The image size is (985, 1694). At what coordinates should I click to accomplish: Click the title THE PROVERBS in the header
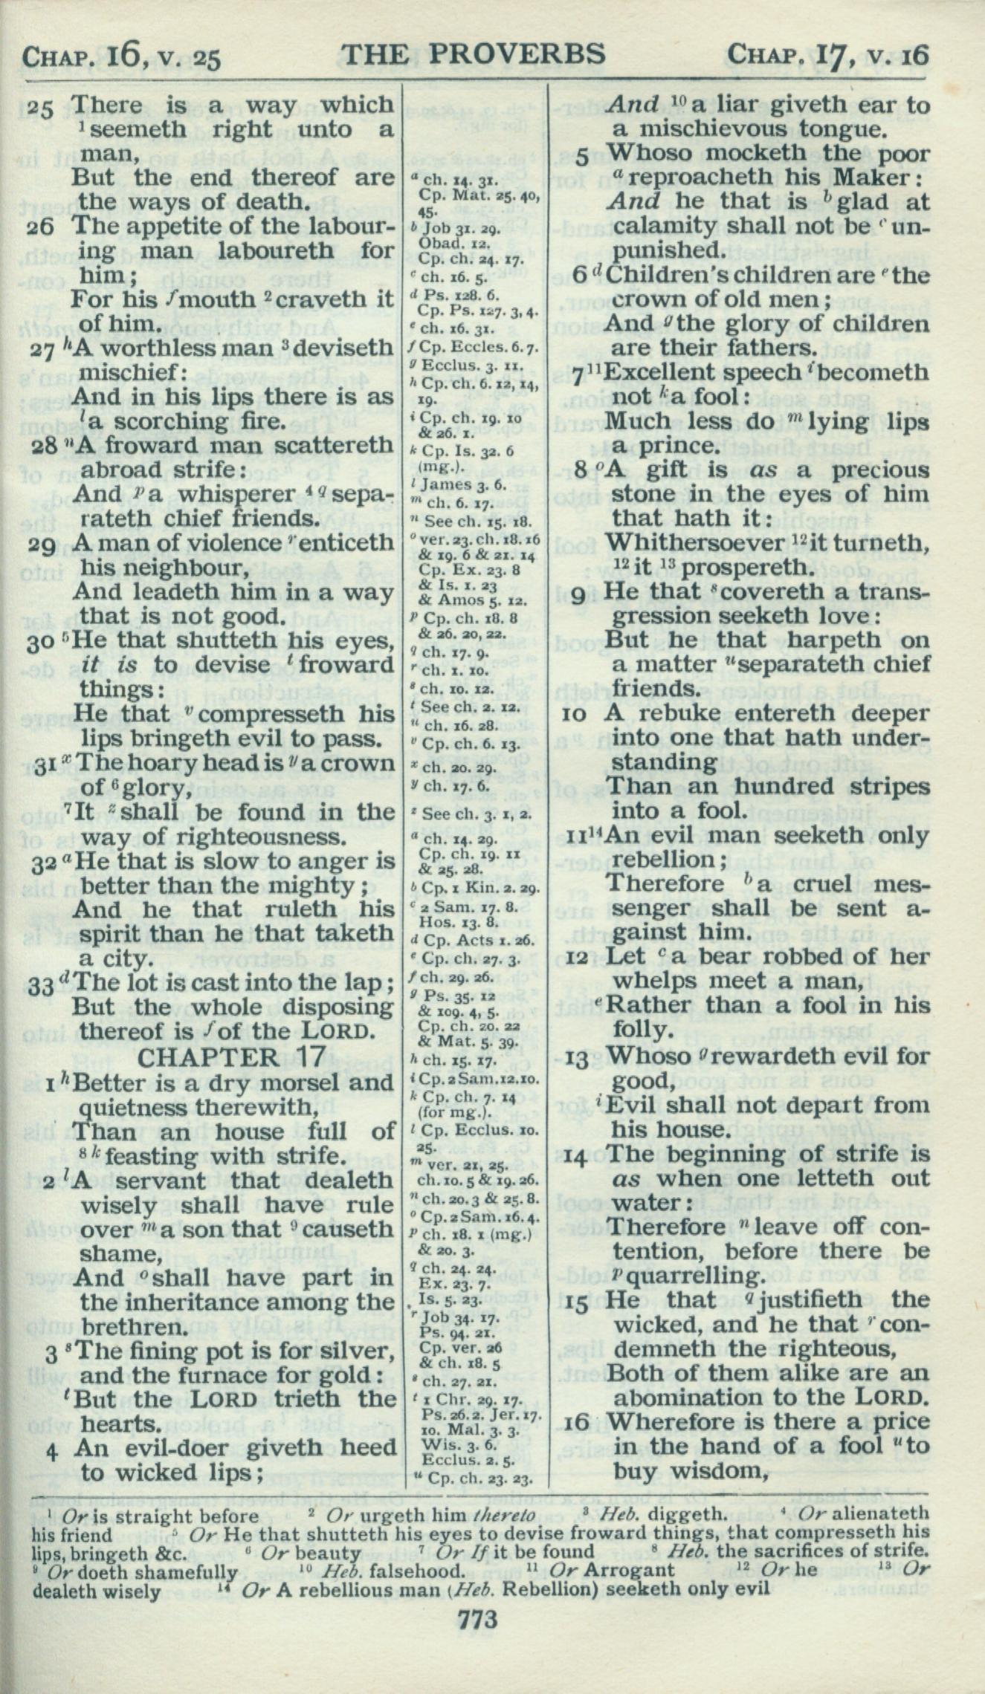(x=474, y=53)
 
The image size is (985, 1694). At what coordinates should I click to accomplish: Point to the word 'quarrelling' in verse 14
(x=689, y=1276)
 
